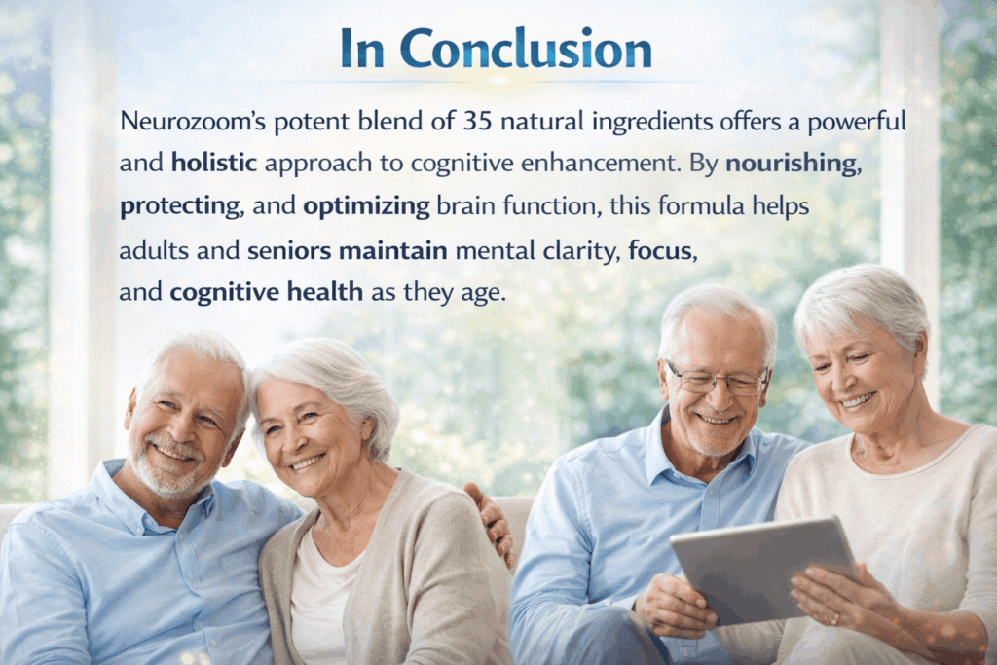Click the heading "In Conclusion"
pos(497,49)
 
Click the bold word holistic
pos(214,164)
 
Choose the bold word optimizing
pos(366,206)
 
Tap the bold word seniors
pos(289,250)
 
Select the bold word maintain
pos(393,250)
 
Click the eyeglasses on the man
pos(718,380)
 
